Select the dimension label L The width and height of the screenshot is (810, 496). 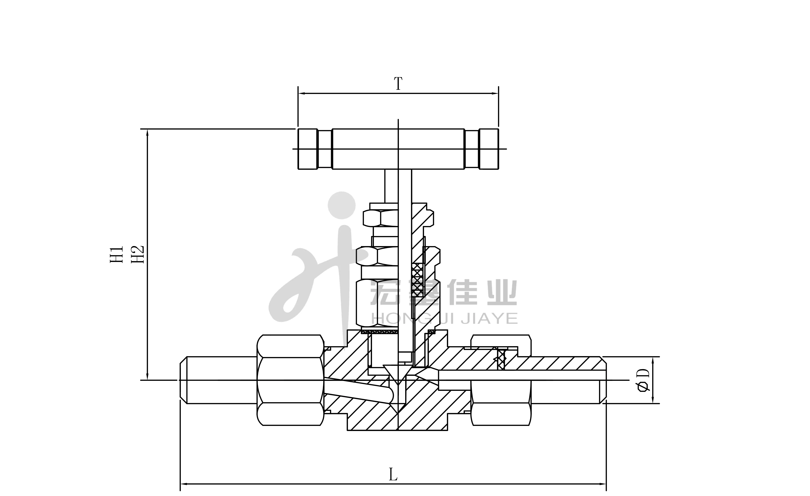click(393, 475)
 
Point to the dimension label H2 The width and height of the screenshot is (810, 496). click(138, 254)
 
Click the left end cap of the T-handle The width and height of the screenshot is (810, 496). click(308, 149)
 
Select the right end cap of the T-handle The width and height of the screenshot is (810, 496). click(489, 149)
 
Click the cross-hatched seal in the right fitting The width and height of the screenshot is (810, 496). click(500, 359)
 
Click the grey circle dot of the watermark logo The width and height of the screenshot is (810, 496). click(342, 205)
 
